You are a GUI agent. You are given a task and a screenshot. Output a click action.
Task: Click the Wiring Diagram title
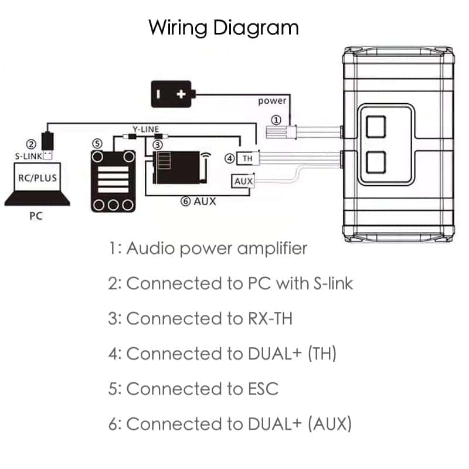223,28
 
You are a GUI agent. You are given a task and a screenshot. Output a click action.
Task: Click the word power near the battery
272,101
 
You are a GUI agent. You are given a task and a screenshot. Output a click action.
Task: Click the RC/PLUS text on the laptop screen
36,177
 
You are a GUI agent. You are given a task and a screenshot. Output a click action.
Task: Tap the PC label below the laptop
36,216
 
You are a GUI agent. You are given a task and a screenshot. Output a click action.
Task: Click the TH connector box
247,158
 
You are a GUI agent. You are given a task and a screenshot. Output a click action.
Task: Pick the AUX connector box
243,182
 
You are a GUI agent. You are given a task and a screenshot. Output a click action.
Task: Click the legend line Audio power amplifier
208,248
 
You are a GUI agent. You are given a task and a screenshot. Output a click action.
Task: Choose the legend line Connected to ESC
193,389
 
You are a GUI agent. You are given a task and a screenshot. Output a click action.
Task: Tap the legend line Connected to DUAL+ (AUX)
230,424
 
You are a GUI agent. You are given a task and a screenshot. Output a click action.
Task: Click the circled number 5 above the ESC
97,144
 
